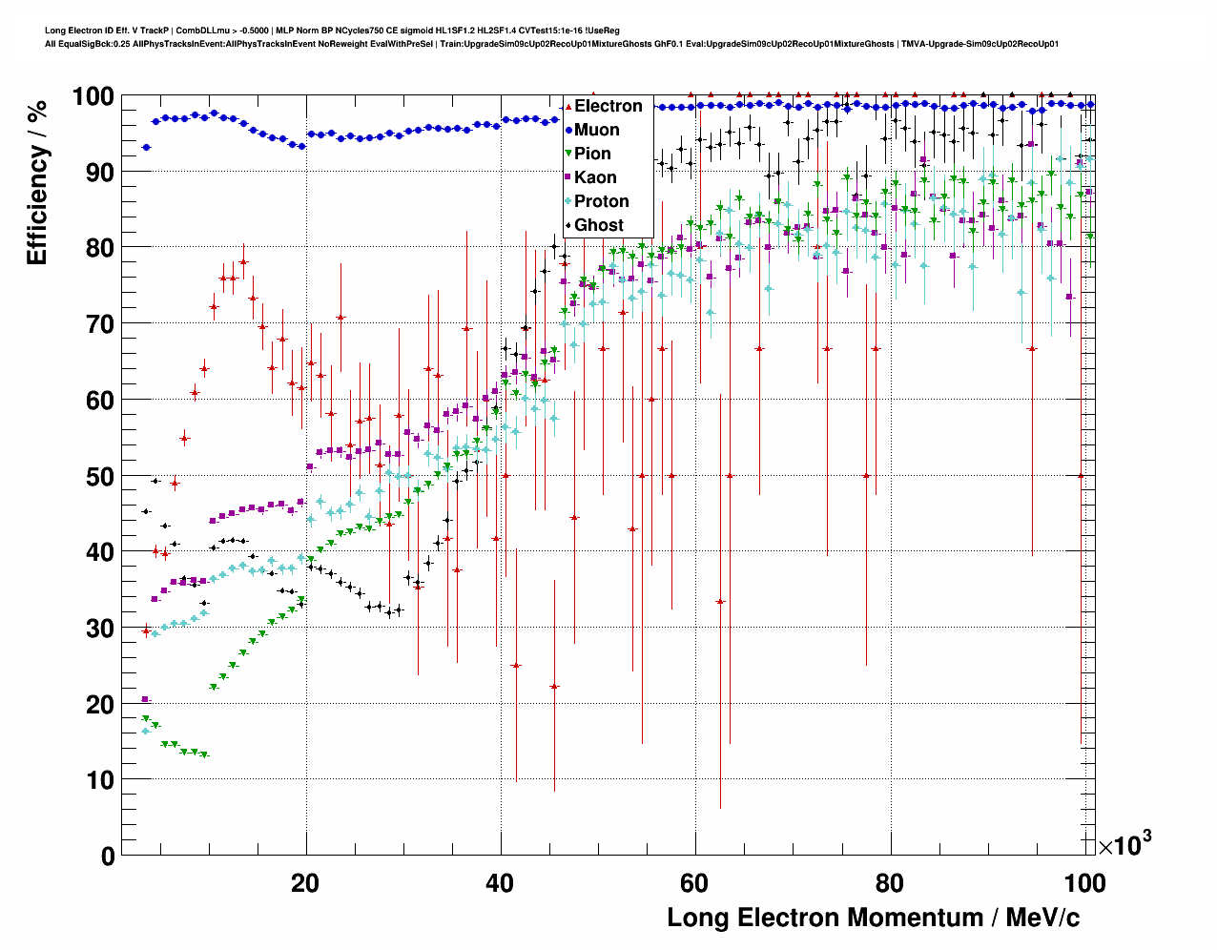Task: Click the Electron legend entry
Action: [608, 106]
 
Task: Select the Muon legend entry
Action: [596, 130]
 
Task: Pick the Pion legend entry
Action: [592, 154]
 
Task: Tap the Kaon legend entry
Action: [595, 177]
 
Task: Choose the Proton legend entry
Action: [601, 201]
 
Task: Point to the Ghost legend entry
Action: [598, 225]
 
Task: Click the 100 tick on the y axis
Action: [93, 96]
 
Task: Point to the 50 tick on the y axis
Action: [100, 476]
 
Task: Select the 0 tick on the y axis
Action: [108, 856]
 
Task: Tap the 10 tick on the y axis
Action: [100, 779]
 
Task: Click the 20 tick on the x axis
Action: [305, 882]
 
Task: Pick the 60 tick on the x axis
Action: [695, 882]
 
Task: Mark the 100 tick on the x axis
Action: [1084, 882]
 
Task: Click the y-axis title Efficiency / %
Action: [37, 181]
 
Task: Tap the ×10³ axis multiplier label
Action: [1124, 844]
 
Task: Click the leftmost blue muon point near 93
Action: [146, 147]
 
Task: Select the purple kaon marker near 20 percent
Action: [146, 699]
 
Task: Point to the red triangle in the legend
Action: [568, 106]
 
